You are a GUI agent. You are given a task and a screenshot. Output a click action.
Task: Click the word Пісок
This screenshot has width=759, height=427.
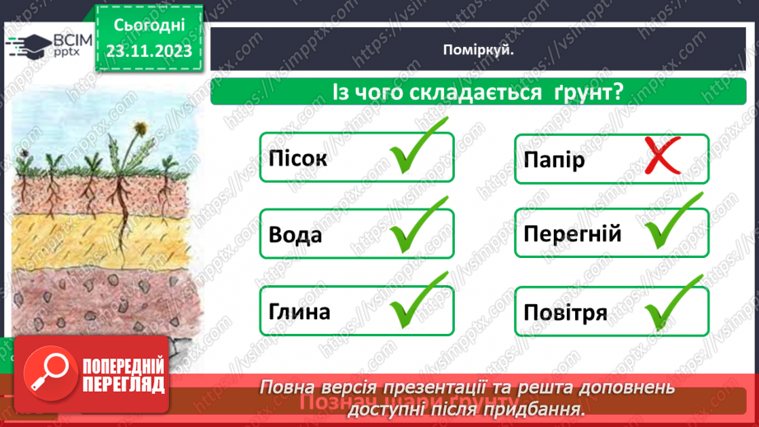[298, 158]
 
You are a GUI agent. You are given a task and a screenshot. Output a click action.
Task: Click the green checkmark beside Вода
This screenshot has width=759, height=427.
[418, 228]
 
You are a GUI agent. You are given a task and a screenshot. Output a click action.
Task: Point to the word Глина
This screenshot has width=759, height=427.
[299, 312]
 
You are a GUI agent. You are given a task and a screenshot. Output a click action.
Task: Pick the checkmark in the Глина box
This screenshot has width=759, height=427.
[418, 304]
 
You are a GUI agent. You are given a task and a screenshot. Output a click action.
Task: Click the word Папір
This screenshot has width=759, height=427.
[554, 158]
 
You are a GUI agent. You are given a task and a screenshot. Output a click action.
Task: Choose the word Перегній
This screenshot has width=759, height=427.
[572, 235]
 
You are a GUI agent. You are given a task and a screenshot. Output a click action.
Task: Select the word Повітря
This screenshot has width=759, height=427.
[565, 313]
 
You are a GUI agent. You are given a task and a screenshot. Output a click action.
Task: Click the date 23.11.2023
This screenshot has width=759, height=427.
[149, 51]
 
